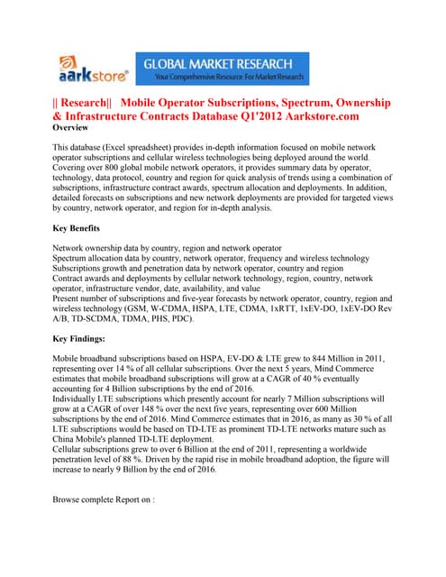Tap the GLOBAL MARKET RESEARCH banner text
233,63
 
